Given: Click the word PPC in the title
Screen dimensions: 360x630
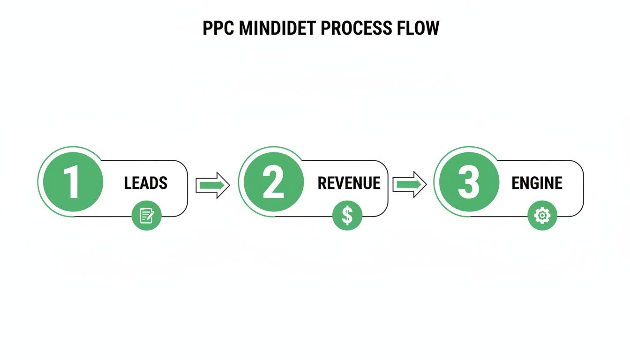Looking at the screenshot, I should pos(218,29).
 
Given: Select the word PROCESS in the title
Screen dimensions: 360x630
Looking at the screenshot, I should pos(356,29).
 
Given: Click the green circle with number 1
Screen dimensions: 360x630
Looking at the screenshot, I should pos(73,182).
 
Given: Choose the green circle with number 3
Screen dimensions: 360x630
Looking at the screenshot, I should pos(469,182).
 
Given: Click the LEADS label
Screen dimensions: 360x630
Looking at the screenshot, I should pos(146,183).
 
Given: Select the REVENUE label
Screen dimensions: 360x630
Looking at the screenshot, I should pos(349,183).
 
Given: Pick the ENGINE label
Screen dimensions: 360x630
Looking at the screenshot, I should pos(537,183).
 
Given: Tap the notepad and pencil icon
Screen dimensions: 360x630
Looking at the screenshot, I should pos(147,216).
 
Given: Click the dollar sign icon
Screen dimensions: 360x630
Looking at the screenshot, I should pos(347,216).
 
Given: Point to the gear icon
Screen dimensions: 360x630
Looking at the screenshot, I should pos(542,216).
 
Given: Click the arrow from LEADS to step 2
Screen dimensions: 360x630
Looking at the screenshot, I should pos(212,185).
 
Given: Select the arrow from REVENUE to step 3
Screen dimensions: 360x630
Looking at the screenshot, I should pos(409,185).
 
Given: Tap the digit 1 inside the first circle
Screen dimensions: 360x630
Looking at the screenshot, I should pos(72,182).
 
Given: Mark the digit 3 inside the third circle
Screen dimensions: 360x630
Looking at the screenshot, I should pos(469,182).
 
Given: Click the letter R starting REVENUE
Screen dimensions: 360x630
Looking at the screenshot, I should pos(322,183).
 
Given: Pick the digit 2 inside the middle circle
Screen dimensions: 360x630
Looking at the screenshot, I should pos(274,182).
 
